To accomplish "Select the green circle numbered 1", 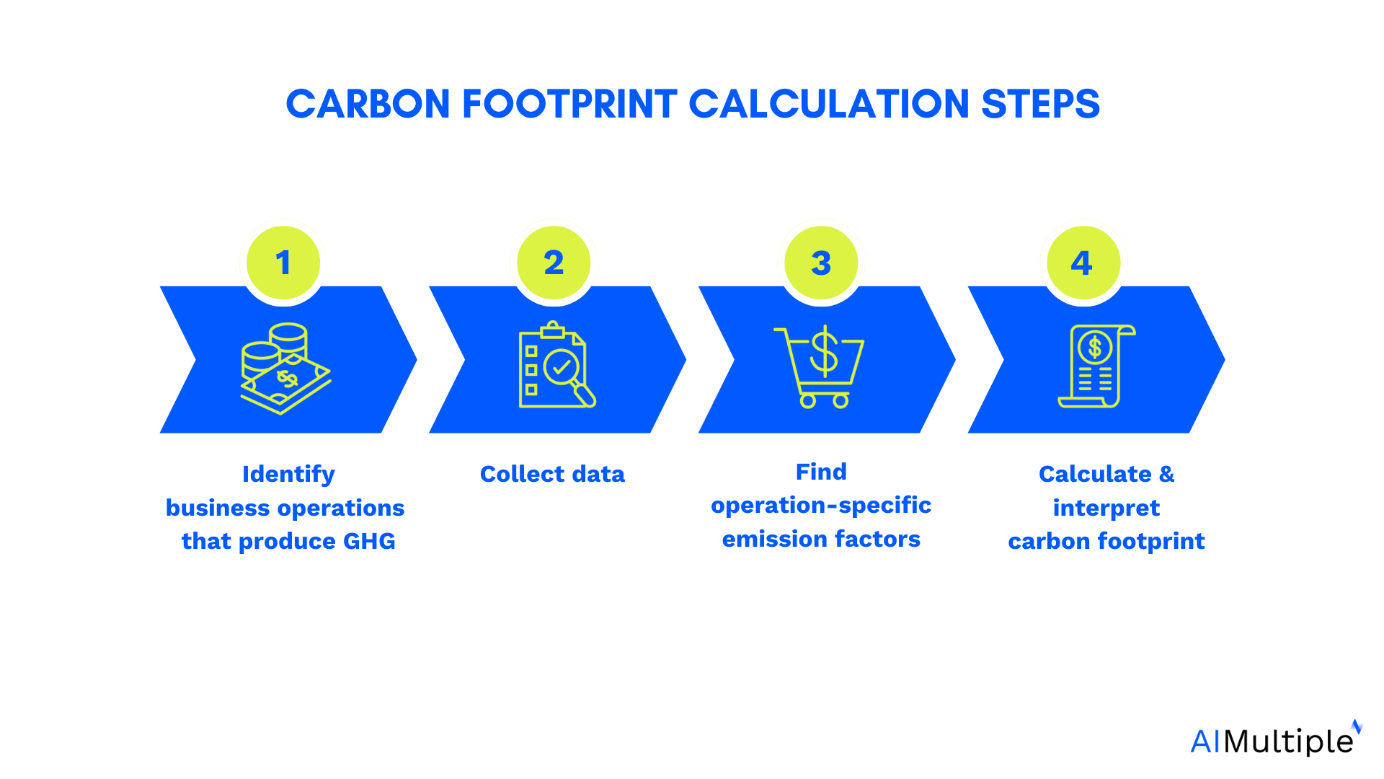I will [x=283, y=263].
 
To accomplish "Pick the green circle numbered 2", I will [x=554, y=263].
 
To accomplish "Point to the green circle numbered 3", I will [x=821, y=263].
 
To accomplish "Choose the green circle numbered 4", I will [x=1083, y=263].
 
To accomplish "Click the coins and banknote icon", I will [x=285, y=368].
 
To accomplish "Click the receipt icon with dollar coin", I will [x=1096, y=366].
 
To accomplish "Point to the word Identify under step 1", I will [x=288, y=474].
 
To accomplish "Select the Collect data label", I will [x=552, y=474].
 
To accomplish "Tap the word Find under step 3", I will [x=821, y=472].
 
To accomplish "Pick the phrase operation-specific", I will [x=821, y=506].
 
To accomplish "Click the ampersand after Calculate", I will [x=1166, y=474].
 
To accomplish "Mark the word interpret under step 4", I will [x=1106, y=508].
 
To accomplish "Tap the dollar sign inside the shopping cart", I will [x=824, y=351].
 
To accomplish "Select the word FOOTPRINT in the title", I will [x=569, y=105].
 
